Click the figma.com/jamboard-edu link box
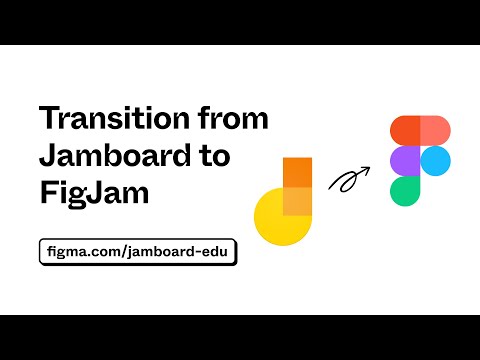139,251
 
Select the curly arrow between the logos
349,180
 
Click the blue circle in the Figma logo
435,162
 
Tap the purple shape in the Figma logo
405,162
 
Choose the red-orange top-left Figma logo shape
405,131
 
